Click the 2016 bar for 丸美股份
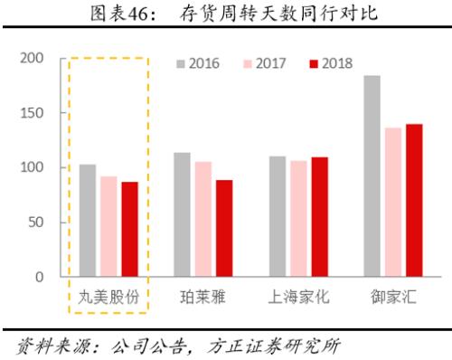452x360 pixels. [88, 221]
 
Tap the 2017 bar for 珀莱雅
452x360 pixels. [203, 219]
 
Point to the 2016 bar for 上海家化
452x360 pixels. [277, 216]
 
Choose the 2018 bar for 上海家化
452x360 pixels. [319, 217]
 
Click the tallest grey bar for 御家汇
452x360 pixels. [372, 175]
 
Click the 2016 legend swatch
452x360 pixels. [182, 63]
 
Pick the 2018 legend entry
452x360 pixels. [331, 63]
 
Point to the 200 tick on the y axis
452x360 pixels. [32, 58]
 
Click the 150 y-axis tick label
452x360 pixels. [32, 113]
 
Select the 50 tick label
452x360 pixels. [35, 223]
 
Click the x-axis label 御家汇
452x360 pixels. [392, 297]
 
